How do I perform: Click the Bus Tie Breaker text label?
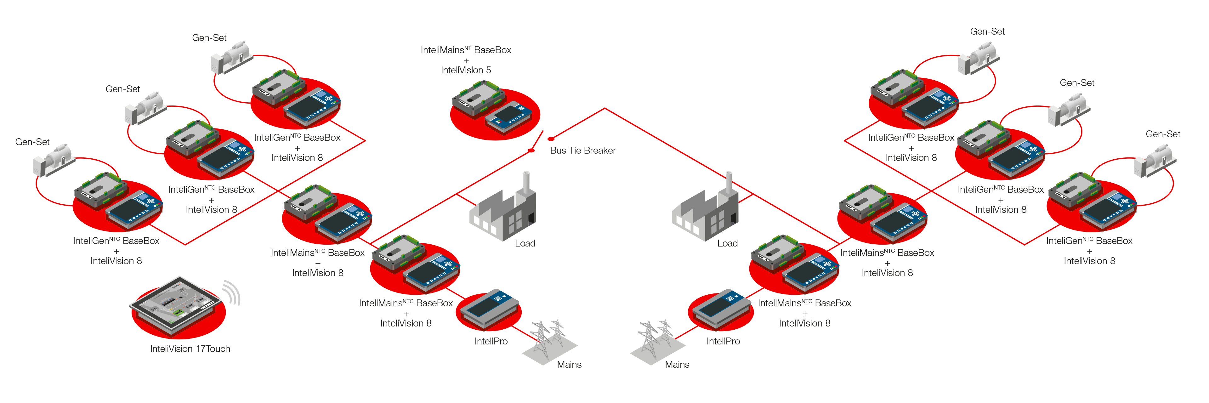[x=582, y=150]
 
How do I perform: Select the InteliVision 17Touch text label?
[x=190, y=349]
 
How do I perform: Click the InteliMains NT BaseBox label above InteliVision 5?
[x=467, y=50]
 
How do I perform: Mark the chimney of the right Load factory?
[x=729, y=181]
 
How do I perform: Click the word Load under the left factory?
[x=525, y=243]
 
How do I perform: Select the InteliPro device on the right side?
[x=720, y=309]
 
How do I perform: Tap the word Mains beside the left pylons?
[x=569, y=364]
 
